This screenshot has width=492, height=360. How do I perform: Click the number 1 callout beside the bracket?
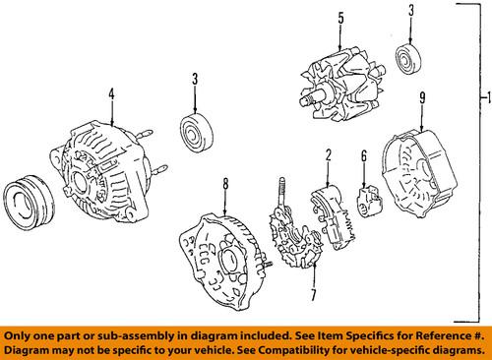(x=481, y=99)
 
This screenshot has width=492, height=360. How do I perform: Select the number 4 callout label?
(x=111, y=94)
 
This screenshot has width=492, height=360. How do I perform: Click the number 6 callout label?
(x=363, y=154)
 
